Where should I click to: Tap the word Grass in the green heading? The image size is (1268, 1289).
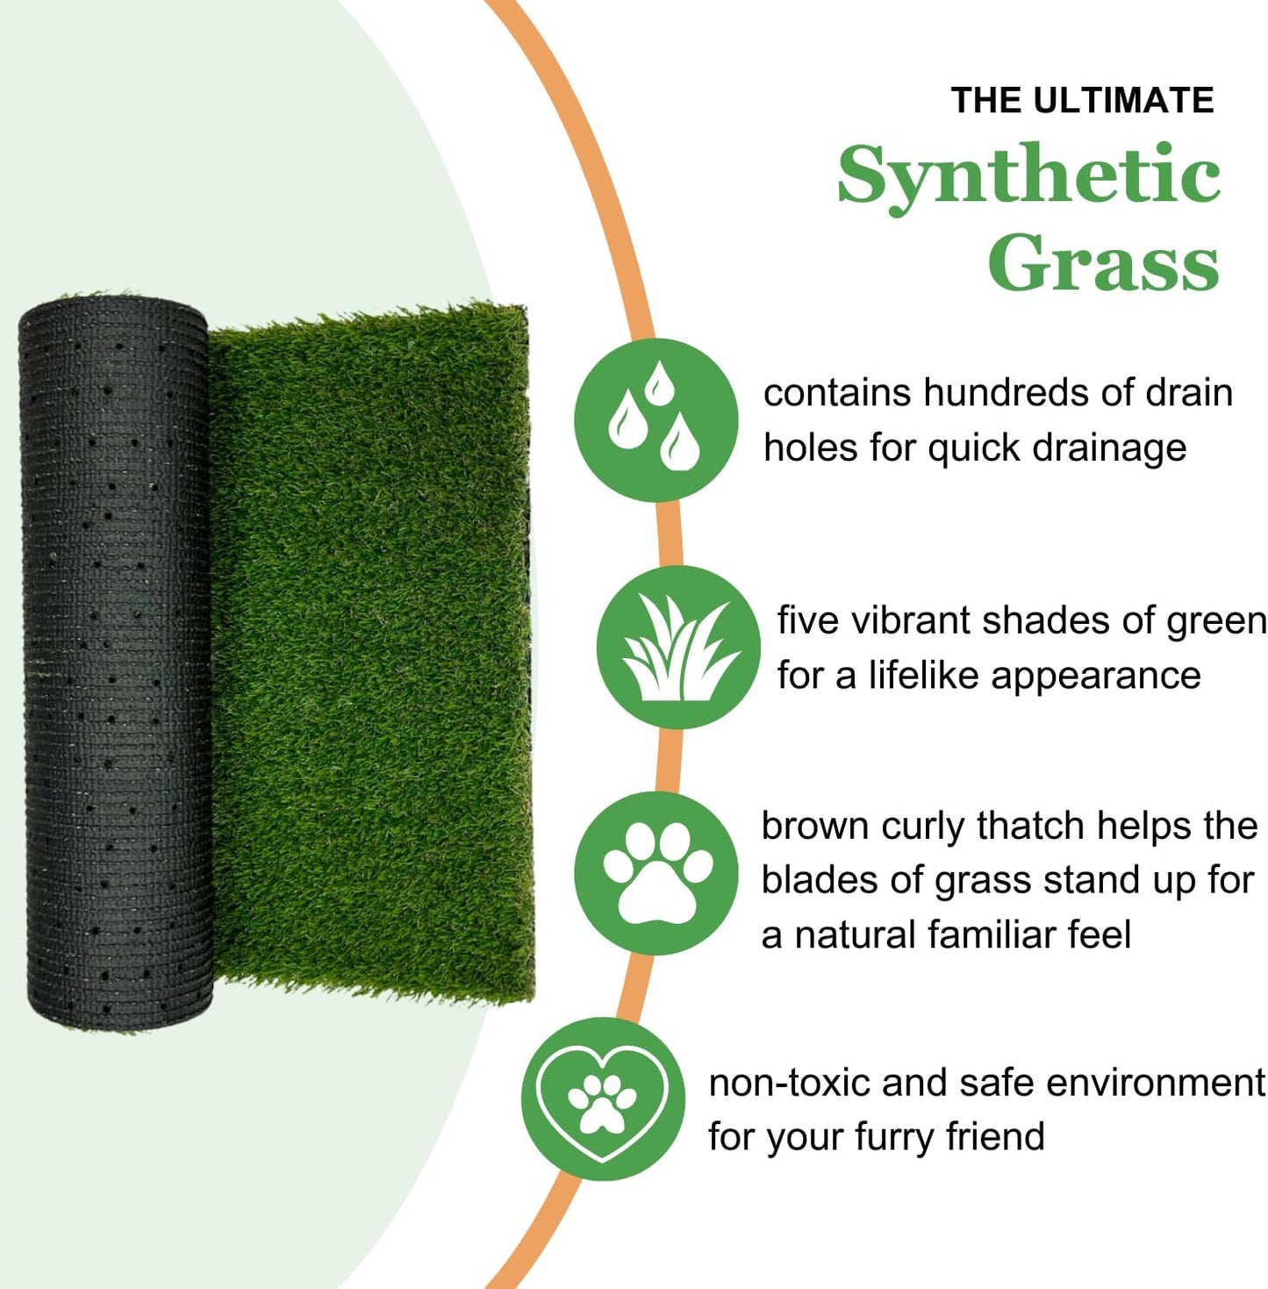pos(1103,262)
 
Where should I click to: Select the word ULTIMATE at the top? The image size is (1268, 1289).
pos(1123,101)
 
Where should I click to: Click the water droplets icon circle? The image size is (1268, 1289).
pos(655,419)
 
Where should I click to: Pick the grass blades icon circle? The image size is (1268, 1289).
pos(678,648)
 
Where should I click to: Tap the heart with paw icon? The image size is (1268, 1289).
pos(603,1099)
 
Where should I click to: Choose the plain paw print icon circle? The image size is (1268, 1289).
pos(656,873)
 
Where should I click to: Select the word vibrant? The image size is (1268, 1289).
pos(911,621)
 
